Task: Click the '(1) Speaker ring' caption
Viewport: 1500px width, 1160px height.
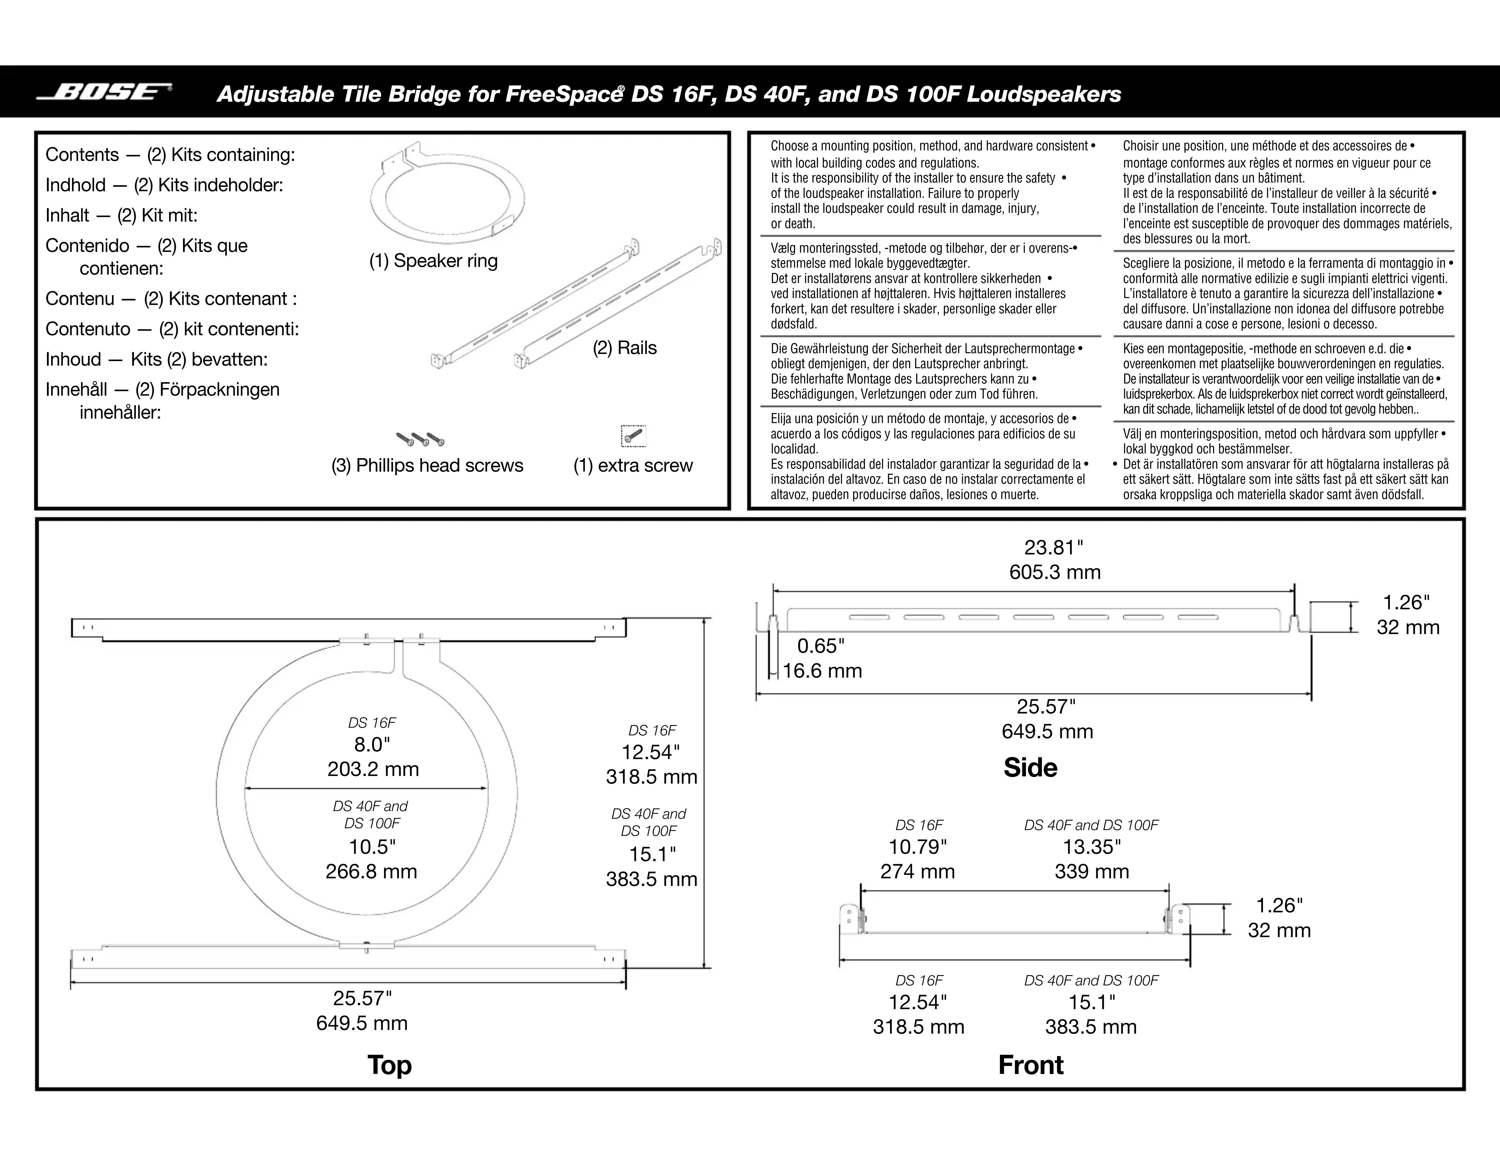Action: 433,261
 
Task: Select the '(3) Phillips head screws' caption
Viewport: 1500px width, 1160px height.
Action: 427,466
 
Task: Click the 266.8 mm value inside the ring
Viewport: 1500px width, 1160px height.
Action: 372,871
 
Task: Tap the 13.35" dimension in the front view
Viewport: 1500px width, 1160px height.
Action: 1092,847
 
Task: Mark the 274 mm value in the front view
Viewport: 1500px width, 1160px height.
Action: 917,871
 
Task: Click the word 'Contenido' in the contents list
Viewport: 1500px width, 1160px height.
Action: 87,246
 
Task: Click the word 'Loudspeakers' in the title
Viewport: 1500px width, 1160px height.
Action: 1044,94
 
